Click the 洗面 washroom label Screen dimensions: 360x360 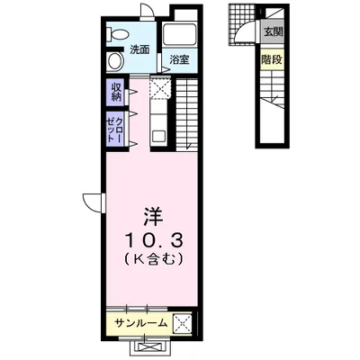tap(139, 49)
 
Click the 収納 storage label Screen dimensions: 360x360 tap(117, 91)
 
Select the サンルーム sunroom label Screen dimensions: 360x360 tap(140, 321)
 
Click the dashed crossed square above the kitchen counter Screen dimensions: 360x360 tap(158, 88)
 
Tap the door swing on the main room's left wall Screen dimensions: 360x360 tap(93, 202)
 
